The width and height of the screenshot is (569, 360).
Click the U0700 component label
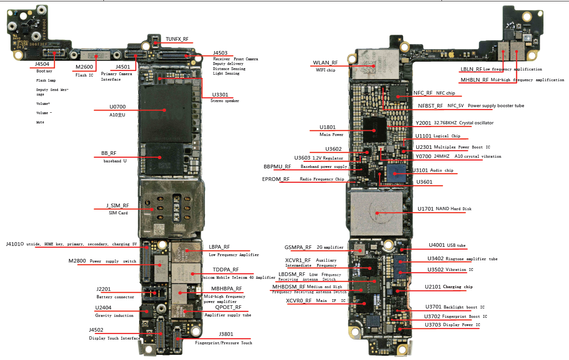point(117,107)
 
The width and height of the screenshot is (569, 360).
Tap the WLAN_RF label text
point(325,63)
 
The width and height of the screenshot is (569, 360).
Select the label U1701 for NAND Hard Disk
point(425,209)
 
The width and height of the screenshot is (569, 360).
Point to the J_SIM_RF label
point(118,206)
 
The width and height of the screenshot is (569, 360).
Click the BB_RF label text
point(109,153)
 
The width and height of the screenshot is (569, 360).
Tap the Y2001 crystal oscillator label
point(423,123)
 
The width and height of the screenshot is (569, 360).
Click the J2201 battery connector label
point(103,289)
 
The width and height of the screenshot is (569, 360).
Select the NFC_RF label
point(422,93)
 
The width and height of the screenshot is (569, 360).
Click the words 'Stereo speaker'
point(225,101)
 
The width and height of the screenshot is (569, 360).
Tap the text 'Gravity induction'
point(114,315)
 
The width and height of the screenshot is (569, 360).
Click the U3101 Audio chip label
point(421,170)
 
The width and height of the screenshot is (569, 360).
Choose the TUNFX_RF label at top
point(177,39)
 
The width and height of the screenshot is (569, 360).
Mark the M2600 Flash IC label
point(84,67)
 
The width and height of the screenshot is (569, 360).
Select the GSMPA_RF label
point(298,247)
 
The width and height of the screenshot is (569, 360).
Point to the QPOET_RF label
point(228,307)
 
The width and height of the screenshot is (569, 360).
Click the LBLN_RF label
point(471,69)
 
